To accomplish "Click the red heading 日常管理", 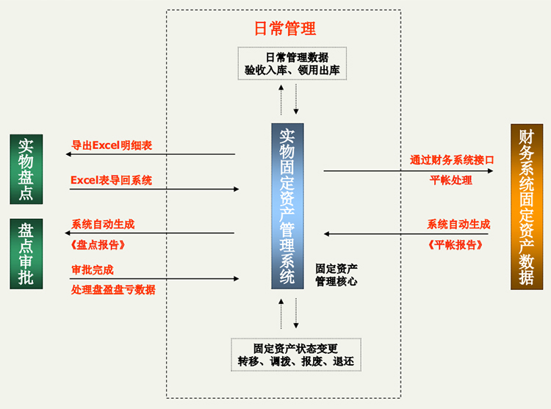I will point(285,29).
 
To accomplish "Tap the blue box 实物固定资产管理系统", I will point(287,206).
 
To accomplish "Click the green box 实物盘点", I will point(26,170).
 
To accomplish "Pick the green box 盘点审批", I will point(26,253).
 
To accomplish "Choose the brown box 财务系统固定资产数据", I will point(526,206).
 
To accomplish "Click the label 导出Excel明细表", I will point(112,145).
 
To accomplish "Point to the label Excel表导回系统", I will point(111,180).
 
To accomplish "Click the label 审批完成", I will point(93,269).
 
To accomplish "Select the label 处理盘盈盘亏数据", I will point(113,290).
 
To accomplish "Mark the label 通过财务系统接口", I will point(452,159).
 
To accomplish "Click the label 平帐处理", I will point(451,181).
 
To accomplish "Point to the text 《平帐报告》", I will point(456,245).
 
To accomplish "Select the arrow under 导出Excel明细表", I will point(150,154).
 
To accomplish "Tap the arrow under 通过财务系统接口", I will point(408,171).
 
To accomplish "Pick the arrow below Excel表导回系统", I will point(154,189).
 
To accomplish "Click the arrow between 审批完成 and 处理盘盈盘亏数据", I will point(154,279).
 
